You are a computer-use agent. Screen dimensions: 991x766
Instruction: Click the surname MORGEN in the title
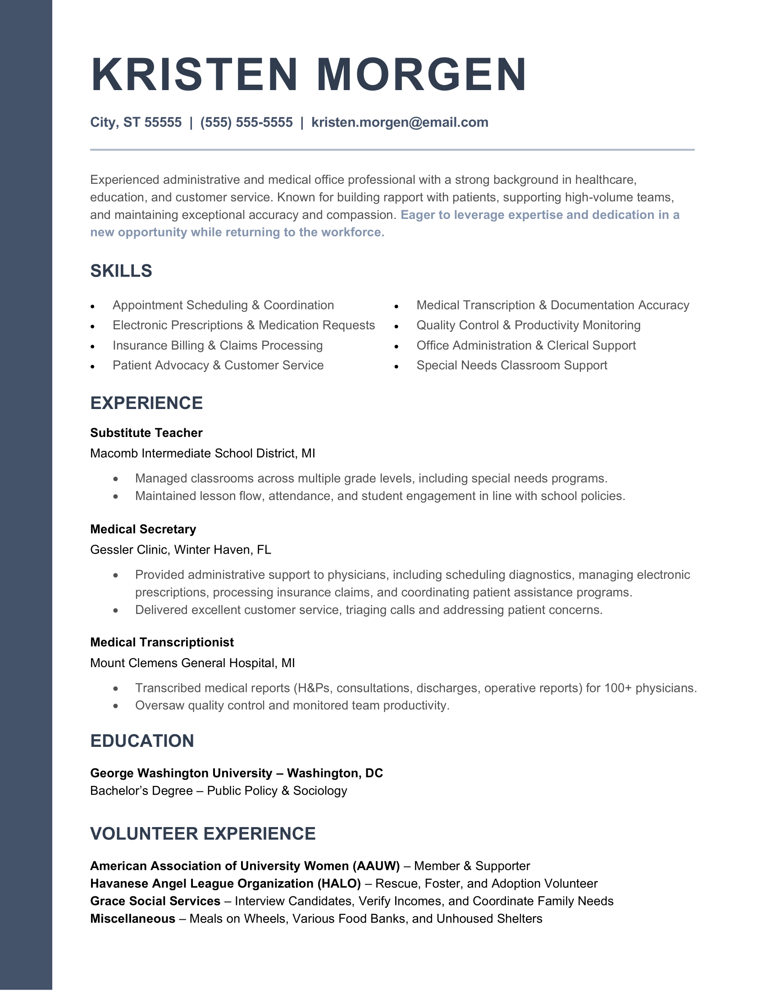(x=422, y=74)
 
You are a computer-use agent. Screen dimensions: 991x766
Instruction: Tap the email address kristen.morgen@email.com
(x=399, y=123)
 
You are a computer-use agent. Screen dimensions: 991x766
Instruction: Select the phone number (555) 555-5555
(x=246, y=123)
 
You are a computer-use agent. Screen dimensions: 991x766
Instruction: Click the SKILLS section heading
(x=121, y=271)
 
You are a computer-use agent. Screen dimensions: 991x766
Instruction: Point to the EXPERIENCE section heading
(x=146, y=403)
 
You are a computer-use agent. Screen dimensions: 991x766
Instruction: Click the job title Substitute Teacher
(x=146, y=433)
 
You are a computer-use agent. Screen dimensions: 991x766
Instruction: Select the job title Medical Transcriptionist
(x=162, y=642)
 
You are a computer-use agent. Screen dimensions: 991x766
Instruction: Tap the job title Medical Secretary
(x=143, y=529)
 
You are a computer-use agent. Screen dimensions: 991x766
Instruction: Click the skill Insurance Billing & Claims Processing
(x=217, y=345)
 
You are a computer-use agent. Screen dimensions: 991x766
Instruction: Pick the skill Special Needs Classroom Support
(x=511, y=365)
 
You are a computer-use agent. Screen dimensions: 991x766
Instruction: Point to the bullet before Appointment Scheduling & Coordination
(x=92, y=307)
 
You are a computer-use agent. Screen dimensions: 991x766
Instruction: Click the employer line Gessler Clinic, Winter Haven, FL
(x=181, y=550)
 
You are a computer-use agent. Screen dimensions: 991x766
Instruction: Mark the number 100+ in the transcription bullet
(x=618, y=688)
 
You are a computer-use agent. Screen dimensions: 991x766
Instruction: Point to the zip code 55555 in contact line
(x=163, y=123)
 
